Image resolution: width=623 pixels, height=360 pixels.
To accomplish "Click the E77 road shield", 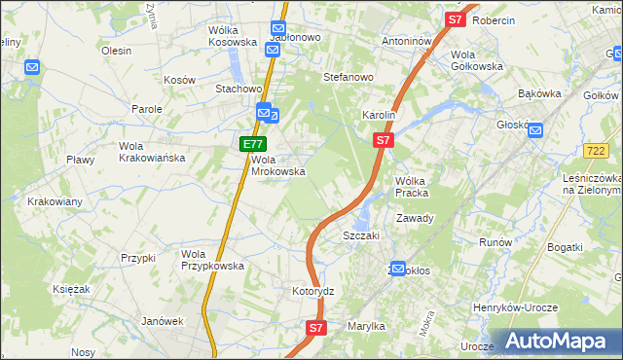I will [x=249, y=144].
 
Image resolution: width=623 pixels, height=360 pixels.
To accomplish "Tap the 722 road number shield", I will [x=597, y=151].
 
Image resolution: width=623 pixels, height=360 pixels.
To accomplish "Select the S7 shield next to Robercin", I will [x=456, y=19].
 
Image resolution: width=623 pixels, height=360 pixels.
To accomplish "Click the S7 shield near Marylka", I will [x=315, y=329].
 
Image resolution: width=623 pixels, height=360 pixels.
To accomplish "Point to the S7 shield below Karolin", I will [x=383, y=141].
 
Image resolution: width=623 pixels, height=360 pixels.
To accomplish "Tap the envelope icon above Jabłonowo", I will [x=277, y=30].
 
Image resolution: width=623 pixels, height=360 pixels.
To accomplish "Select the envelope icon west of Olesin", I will [x=32, y=68].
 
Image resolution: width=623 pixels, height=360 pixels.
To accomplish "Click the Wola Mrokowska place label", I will [x=278, y=165].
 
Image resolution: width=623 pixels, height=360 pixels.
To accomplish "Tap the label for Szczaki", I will [x=360, y=235].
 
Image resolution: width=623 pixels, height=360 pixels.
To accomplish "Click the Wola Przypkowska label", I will [x=212, y=260].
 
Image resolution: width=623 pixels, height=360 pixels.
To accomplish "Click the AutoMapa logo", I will [x=556, y=341].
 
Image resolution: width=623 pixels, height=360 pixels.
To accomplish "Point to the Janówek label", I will [x=163, y=321].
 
